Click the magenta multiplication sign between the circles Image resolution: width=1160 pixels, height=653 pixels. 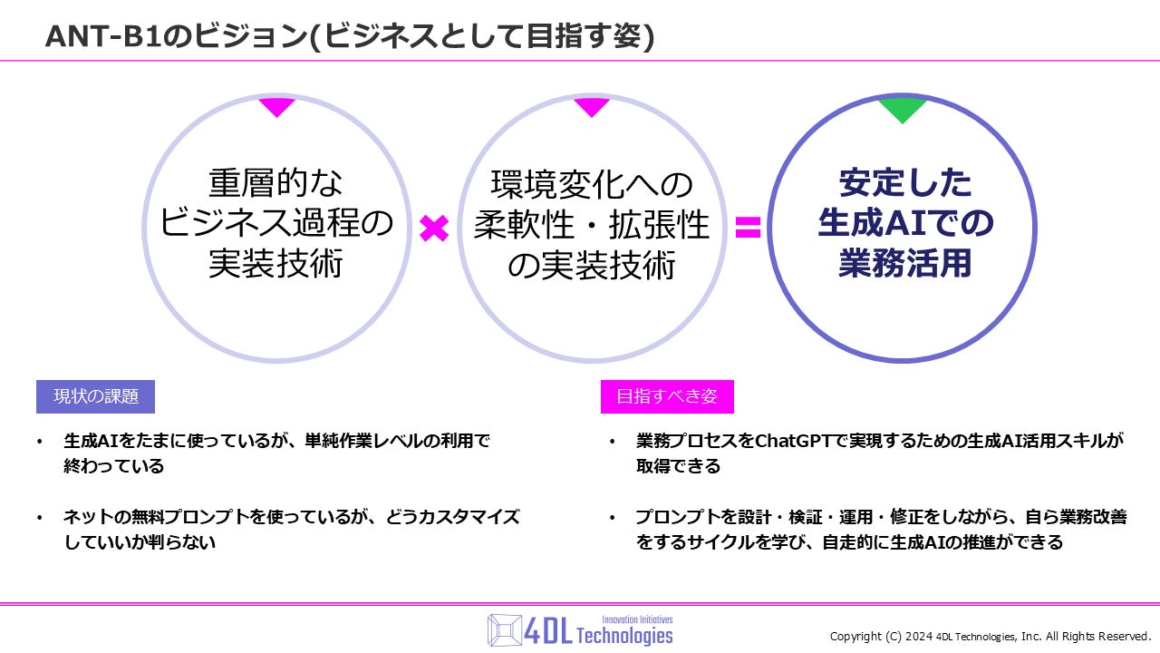[434, 229]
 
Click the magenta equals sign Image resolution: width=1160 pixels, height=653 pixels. [748, 228]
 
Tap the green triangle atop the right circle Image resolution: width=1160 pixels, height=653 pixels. [903, 110]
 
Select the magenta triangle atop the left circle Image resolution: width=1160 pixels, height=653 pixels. [277, 107]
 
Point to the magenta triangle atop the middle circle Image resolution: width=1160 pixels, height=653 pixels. [592, 107]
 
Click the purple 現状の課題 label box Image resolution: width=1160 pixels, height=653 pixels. [95, 396]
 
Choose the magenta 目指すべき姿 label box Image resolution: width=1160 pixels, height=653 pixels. [667, 396]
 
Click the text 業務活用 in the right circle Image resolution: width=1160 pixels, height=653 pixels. [904, 263]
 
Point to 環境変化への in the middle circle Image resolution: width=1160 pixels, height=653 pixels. [592, 185]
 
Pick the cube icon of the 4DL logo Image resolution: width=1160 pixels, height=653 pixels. [506, 629]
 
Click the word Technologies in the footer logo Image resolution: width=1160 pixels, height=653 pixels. [624, 636]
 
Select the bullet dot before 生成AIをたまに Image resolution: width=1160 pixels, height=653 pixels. [39, 442]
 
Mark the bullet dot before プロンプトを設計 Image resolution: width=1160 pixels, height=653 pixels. [612, 518]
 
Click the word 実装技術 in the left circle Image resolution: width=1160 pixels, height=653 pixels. [276, 264]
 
